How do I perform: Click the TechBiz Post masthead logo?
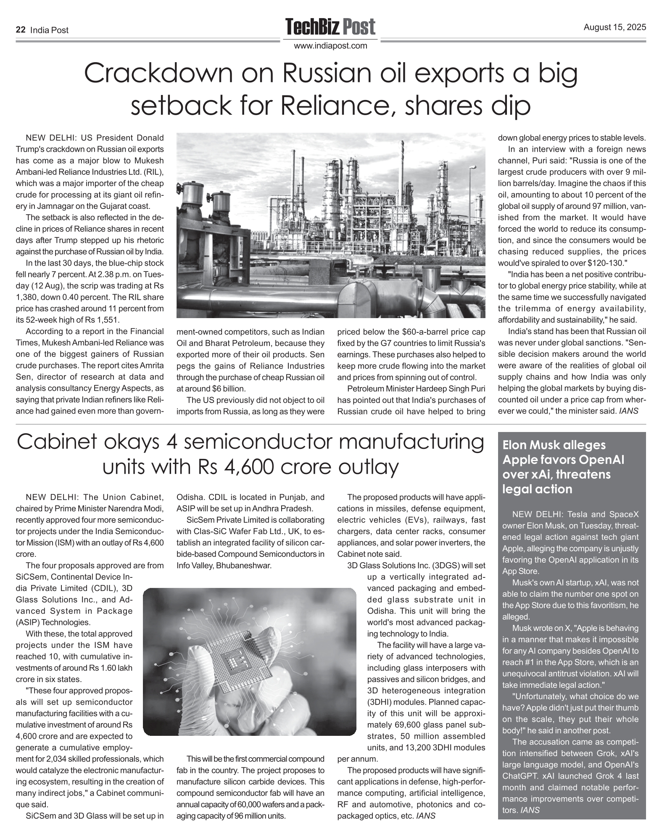click(330, 27)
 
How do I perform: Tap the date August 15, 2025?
click(615, 28)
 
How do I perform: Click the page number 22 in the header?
click(20, 30)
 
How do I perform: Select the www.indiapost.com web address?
click(330, 46)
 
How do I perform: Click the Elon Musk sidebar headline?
click(563, 467)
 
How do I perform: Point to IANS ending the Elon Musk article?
click(530, 811)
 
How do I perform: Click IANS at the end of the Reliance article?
click(629, 411)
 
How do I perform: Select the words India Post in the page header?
click(50, 30)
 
